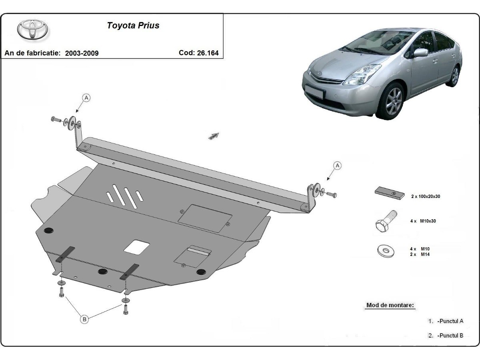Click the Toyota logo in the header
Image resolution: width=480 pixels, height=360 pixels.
(32, 30)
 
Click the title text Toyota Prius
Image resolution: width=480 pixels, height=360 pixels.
(133, 26)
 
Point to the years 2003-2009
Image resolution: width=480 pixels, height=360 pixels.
(82, 53)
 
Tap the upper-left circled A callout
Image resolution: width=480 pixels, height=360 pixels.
(86, 97)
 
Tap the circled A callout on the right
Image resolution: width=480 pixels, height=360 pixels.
(337, 165)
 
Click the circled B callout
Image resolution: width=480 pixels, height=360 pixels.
(84, 319)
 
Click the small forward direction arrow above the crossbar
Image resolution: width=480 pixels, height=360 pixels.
(214, 136)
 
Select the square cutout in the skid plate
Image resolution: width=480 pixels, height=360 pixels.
(137, 246)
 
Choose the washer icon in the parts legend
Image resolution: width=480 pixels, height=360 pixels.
(386, 251)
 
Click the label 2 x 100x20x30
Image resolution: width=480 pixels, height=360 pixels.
(426, 196)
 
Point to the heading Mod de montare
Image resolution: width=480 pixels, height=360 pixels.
(390, 305)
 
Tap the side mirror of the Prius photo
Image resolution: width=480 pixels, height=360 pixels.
(420, 52)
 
